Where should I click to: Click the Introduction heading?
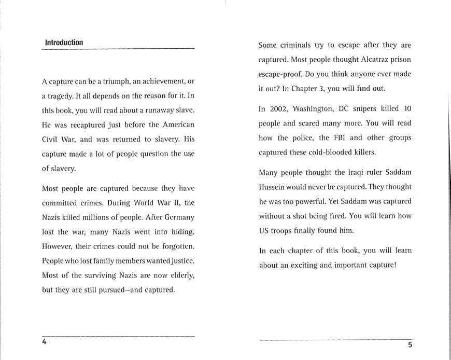click(x=64, y=43)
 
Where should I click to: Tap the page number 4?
click(x=45, y=342)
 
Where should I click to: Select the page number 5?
click(x=410, y=345)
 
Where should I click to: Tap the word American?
click(x=178, y=126)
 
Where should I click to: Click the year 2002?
click(x=279, y=109)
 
